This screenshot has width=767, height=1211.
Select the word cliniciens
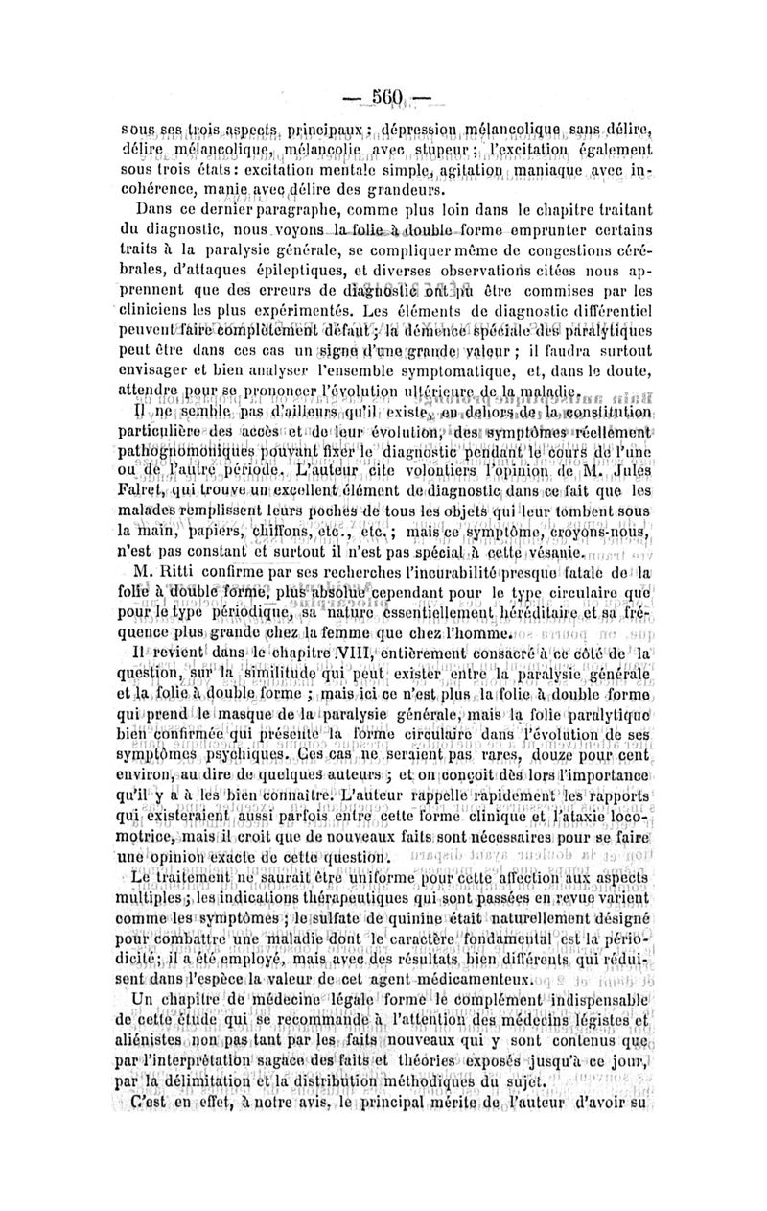point(153,313)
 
